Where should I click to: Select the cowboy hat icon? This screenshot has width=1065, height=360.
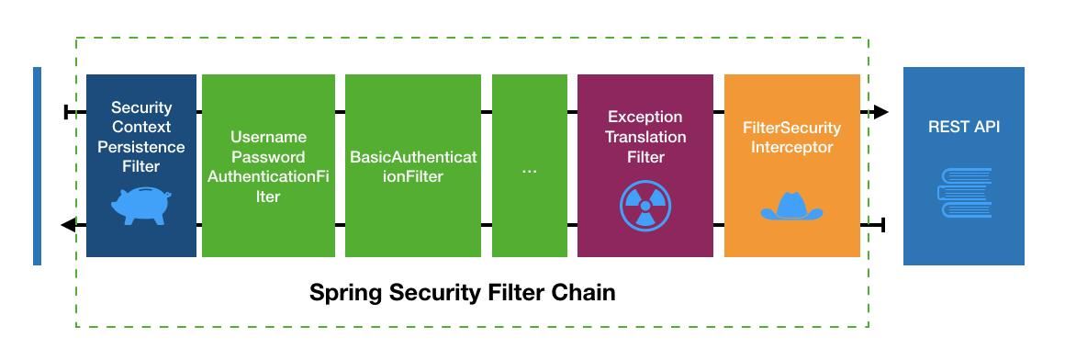(x=791, y=206)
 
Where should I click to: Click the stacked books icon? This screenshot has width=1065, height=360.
(x=964, y=193)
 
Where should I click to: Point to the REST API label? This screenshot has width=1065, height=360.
(x=964, y=127)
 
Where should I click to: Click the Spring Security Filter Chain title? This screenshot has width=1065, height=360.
(x=462, y=293)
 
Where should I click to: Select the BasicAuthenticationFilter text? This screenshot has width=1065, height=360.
(x=413, y=166)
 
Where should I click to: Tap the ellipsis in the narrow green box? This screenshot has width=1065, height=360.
(x=530, y=170)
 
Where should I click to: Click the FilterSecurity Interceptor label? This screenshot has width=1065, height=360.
(x=791, y=137)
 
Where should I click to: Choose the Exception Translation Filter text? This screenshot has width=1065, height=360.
(x=645, y=137)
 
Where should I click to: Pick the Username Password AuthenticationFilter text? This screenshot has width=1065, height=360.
(x=268, y=166)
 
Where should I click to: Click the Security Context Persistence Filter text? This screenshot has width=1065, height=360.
(x=141, y=137)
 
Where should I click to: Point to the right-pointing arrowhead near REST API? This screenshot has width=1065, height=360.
(x=880, y=112)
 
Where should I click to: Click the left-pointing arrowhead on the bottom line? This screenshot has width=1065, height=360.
(x=68, y=225)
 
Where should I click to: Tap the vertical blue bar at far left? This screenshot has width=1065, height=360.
(x=37, y=166)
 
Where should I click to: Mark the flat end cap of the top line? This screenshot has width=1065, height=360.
(x=67, y=112)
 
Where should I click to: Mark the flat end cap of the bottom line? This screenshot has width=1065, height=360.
(x=882, y=225)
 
